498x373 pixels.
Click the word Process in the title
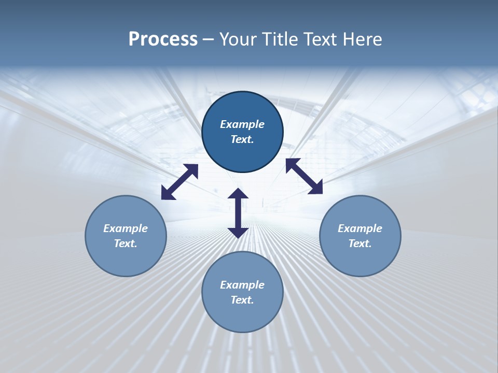163,39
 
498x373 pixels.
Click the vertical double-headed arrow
238,213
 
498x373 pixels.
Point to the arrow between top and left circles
179,182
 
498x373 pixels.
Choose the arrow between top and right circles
304,176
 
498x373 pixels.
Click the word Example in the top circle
242,124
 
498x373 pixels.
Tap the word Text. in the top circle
242,139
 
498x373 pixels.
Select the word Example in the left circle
126,228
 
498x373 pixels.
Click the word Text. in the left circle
126,243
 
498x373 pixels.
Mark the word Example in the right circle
360,228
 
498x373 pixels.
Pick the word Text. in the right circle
360,243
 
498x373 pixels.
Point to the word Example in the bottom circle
242,285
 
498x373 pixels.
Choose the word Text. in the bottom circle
242,300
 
